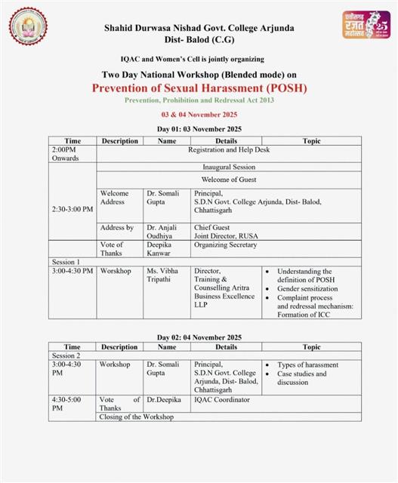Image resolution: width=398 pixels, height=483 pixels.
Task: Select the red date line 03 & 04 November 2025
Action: (x=199, y=114)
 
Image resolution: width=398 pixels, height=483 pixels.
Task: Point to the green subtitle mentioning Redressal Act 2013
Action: (x=200, y=100)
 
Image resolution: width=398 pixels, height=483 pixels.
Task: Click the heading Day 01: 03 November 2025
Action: (x=200, y=130)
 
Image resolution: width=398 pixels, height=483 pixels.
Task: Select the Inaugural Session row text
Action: (x=229, y=167)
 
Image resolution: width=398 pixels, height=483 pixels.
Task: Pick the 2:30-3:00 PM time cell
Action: (x=73, y=208)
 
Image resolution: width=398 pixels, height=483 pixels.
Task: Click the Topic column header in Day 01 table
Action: (x=311, y=141)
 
